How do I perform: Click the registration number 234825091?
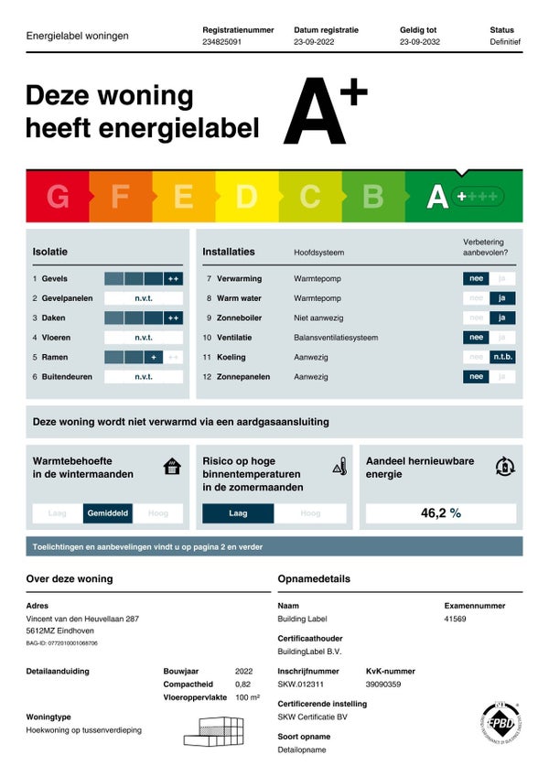[222, 42]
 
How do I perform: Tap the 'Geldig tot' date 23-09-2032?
[419, 42]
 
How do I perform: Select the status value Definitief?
[505, 42]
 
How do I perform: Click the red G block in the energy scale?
[57, 197]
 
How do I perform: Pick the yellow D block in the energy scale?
[246, 197]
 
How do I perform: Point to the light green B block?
[372, 197]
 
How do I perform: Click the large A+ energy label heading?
[324, 113]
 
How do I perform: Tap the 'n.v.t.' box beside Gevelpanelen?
[144, 298]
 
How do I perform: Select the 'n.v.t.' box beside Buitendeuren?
[144, 376]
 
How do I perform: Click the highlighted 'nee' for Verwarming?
[476, 279]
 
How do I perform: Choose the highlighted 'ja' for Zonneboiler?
[501, 318]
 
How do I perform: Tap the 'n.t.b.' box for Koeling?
[502, 357]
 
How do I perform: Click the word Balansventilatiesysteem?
[336, 338]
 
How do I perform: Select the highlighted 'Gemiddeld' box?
[108, 513]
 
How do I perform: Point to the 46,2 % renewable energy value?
[440, 513]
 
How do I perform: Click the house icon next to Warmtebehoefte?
[172, 467]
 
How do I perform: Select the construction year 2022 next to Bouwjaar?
[243, 671]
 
